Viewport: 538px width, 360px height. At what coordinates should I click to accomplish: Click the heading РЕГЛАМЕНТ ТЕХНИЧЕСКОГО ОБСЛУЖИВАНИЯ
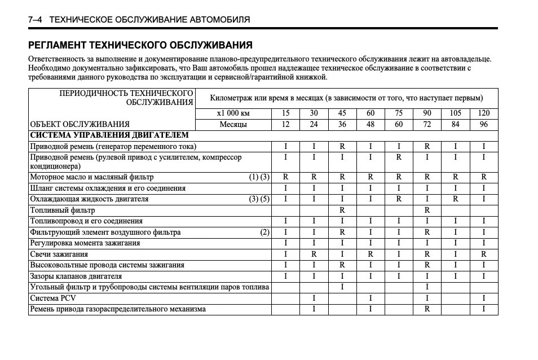click(x=140, y=45)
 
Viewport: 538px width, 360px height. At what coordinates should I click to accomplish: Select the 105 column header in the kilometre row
click(x=455, y=113)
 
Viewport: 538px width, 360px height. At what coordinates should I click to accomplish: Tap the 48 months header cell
click(x=371, y=124)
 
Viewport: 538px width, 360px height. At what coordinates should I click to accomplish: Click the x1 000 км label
click(x=232, y=113)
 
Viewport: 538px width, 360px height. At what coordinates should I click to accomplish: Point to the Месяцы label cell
click(x=232, y=124)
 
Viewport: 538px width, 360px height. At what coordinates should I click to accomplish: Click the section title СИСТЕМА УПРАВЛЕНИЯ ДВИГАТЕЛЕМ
click(x=109, y=135)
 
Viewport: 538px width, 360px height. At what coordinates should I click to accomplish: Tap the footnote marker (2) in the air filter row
click(x=264, y=232)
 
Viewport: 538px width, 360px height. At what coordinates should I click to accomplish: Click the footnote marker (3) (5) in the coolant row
click(x=259, y=199)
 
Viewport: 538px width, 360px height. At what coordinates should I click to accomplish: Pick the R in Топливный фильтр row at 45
click(x=342, y=210)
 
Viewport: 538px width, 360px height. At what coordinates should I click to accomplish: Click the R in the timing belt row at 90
click(x=427, y=309)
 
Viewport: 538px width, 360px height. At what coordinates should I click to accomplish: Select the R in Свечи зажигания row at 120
click(x=483, y=254)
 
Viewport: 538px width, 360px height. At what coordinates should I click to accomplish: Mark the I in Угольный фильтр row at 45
click(x=342, y=287)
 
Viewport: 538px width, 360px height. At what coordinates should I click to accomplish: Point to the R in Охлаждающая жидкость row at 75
click(x=399, y=199)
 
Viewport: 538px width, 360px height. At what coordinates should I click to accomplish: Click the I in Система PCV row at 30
click(x=314, y=298)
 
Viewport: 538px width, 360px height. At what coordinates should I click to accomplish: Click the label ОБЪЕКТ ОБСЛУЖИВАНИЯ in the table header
click(x=80, y=124)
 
